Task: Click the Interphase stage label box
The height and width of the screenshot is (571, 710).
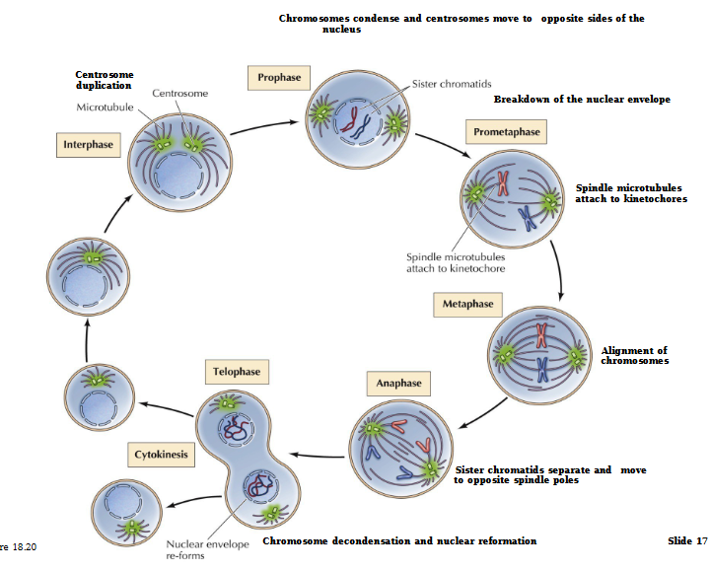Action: [x=89, y=145]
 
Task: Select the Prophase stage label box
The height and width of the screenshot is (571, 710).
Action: [x=279, y=77]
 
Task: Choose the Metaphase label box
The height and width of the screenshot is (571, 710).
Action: [x=467, y=305]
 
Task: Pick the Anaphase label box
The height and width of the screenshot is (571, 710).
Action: [x=398, y=383]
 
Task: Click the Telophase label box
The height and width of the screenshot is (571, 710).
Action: [x=236, y=373]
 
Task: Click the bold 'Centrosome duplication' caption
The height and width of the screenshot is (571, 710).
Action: [x=105, y=80]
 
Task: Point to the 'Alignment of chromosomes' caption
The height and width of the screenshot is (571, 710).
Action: [x=634, y=356]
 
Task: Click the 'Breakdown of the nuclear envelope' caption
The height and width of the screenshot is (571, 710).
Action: [x=582, y=100]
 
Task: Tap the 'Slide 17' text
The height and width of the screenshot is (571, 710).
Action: [x=687, y=541]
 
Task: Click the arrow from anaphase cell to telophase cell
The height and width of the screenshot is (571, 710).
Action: [x=316, y=456]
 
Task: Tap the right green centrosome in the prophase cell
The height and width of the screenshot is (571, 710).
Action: [x=394, y=124]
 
